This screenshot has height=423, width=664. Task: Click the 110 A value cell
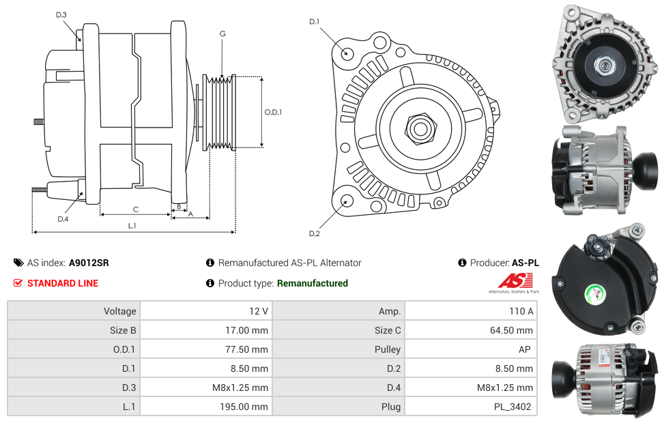click(521, 311)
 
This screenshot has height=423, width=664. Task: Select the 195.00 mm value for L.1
click(249, 407)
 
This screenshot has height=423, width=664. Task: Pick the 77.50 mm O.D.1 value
click(250, 349)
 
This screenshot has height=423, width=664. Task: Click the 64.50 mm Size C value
click(515, 330)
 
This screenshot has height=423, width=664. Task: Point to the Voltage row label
click(119, 311)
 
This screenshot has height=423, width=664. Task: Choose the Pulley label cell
click(386, 349)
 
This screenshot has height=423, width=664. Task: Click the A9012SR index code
click(89, 263)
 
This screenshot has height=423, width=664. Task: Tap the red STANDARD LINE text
click(63, 283)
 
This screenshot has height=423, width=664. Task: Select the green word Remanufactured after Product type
click(313, 283)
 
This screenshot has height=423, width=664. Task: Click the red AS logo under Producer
click(510, 280)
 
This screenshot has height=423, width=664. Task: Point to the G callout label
click(222, 33)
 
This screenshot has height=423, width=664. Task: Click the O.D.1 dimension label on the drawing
click(273, 112)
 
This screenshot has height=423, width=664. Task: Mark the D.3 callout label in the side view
click(61, 14)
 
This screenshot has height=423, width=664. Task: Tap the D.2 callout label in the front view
click(314, 234)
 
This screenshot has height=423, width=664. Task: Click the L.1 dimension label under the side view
click(132, 225)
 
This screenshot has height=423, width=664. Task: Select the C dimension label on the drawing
click(136, 209)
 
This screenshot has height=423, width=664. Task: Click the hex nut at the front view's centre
click(418, 128)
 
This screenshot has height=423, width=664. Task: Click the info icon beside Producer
click(463, 263)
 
